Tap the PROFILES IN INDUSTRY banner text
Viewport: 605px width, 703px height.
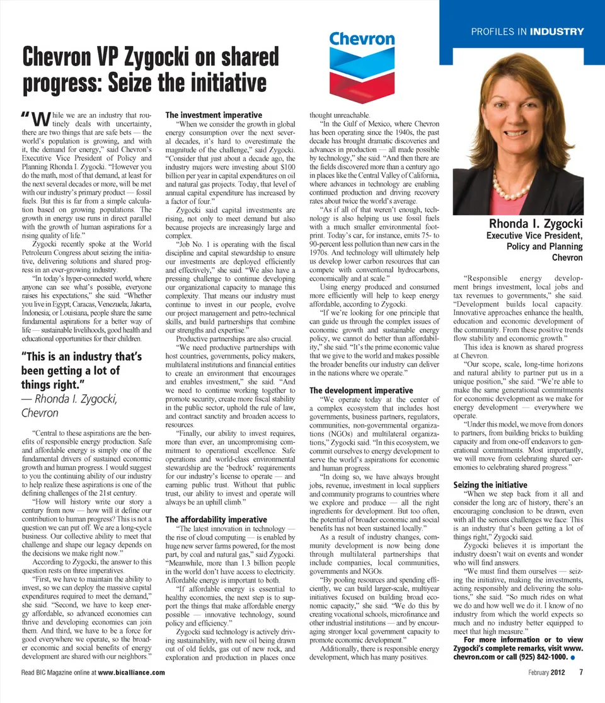[x=527, y=31]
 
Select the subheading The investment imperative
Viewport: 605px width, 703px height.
[x=213, y=115]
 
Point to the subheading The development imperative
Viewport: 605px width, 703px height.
[x=361, y=391]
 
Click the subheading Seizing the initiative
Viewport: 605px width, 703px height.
[x=490, y=485]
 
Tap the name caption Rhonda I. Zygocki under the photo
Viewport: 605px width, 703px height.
[x=536, y=224]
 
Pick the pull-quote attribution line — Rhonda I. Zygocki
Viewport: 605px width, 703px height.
[x=69, y=399]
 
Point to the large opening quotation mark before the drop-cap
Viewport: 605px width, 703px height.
[x=25, y=115]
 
